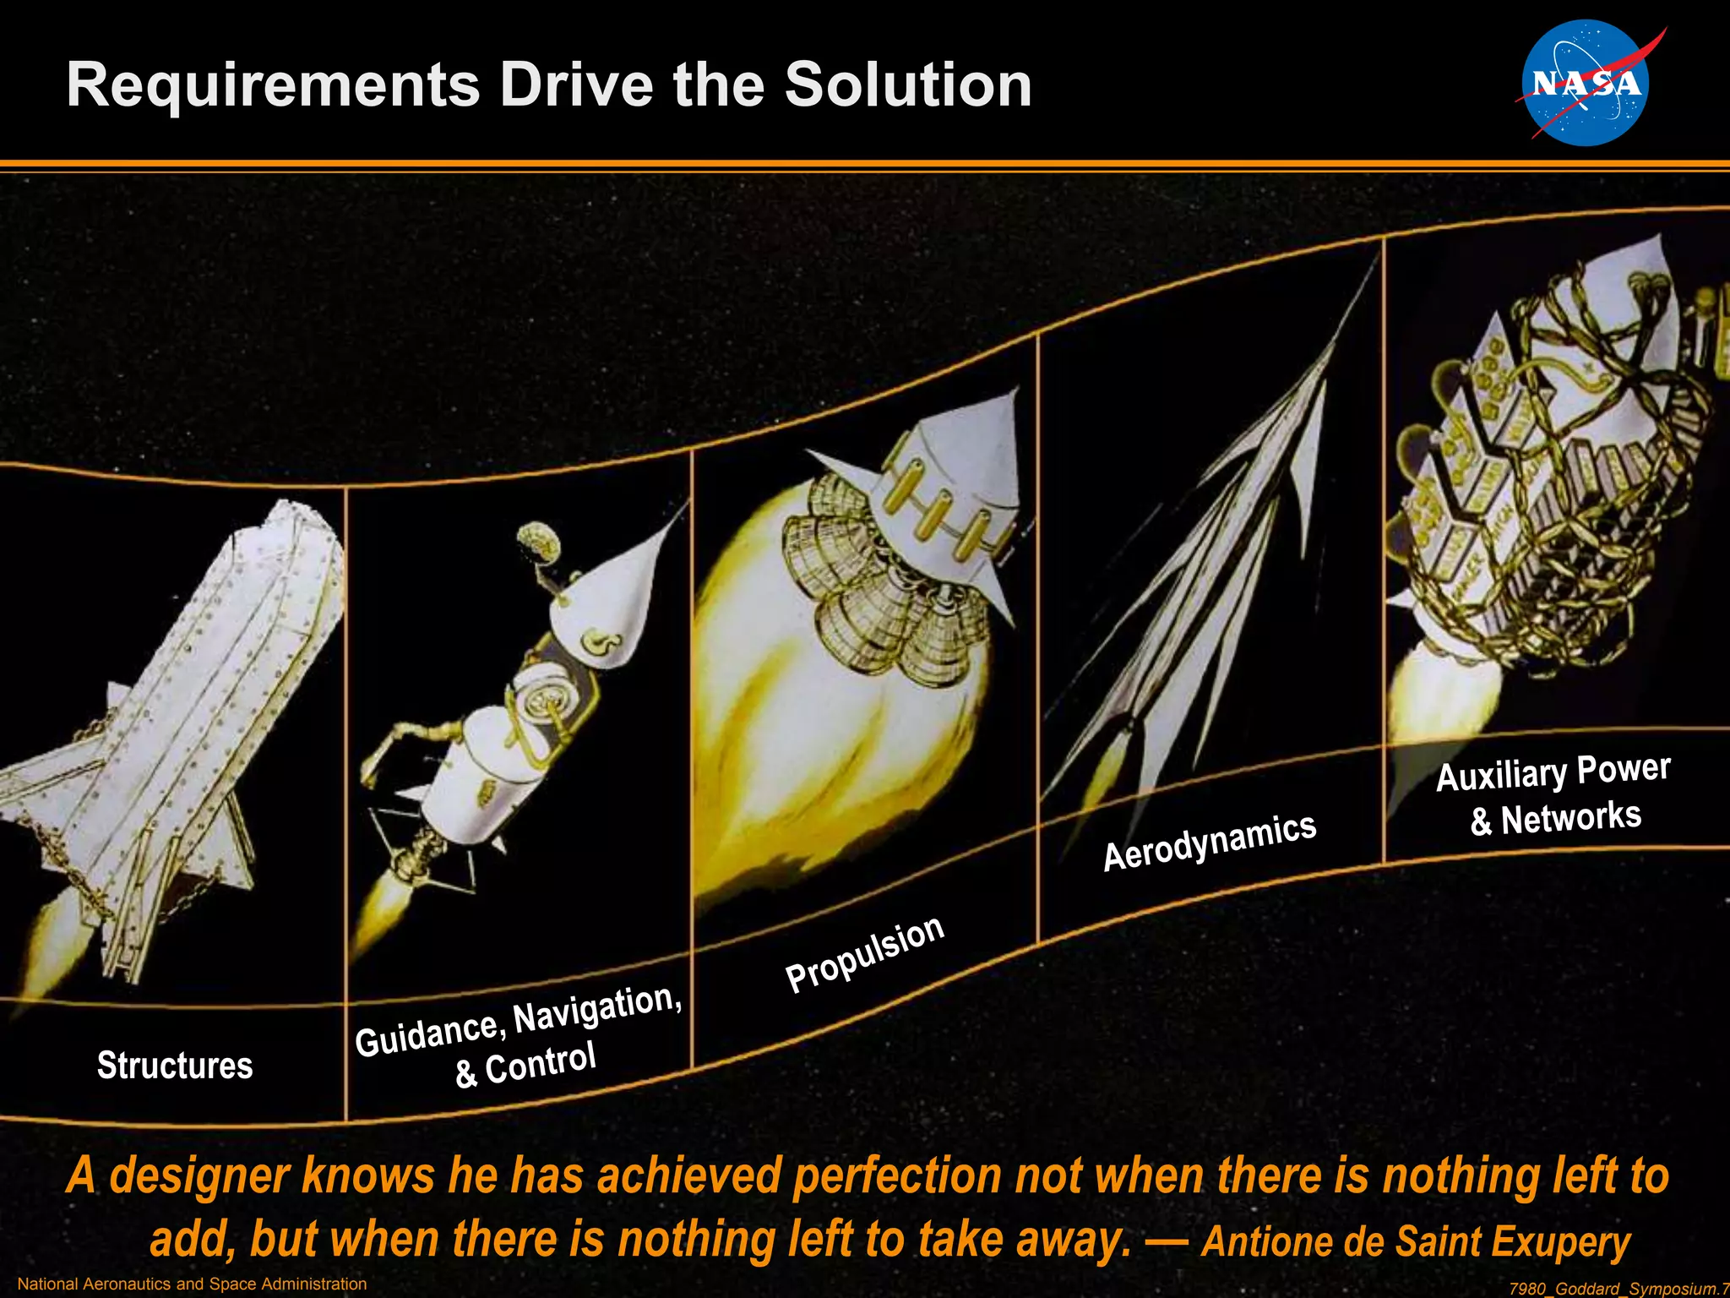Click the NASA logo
(x=1585, y=83)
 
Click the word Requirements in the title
(x=273, y=86)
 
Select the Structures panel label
(x=175, y=1065)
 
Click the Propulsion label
(x=864, y=955)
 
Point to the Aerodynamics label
(x=1209, y=841)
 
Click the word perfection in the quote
(x=895, y=1175)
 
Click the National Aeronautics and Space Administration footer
(x=192, y=1284)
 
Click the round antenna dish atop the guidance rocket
(x=538, y=541)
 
